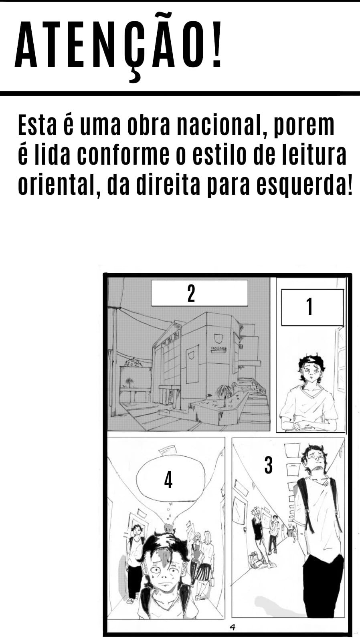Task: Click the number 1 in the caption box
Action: click(x=309, y=306)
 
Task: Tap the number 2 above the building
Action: click(x=191, y=293)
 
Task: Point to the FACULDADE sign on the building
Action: click(x=219, y=349)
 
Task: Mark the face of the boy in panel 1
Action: click(x=311, y=371)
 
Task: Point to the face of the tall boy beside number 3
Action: click(x=316, y=460)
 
